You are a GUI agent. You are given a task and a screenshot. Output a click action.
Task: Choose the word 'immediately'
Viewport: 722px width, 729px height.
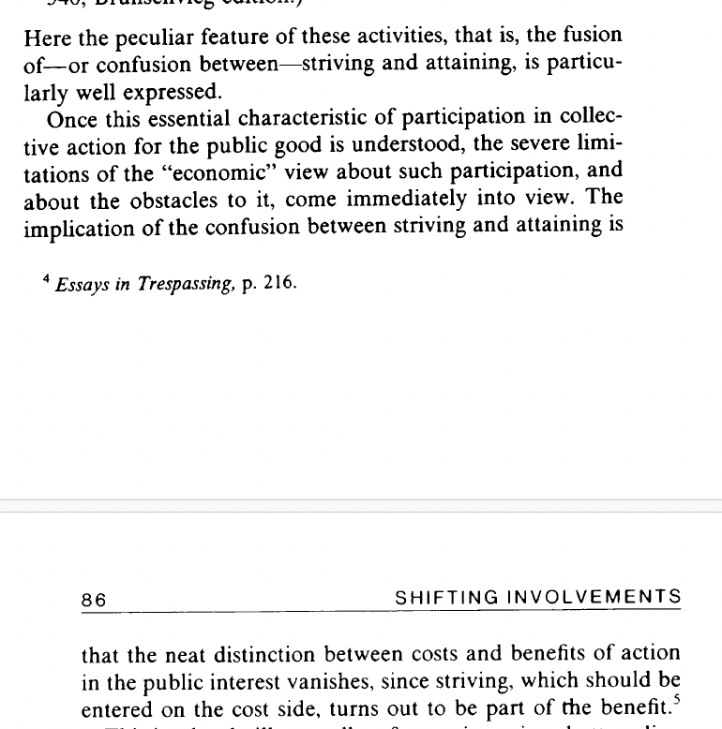[413, 200]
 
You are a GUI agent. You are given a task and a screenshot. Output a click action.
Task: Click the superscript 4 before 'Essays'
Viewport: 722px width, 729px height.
[46, 280]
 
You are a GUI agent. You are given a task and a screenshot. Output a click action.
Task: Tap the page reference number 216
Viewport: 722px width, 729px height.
[278, 285]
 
